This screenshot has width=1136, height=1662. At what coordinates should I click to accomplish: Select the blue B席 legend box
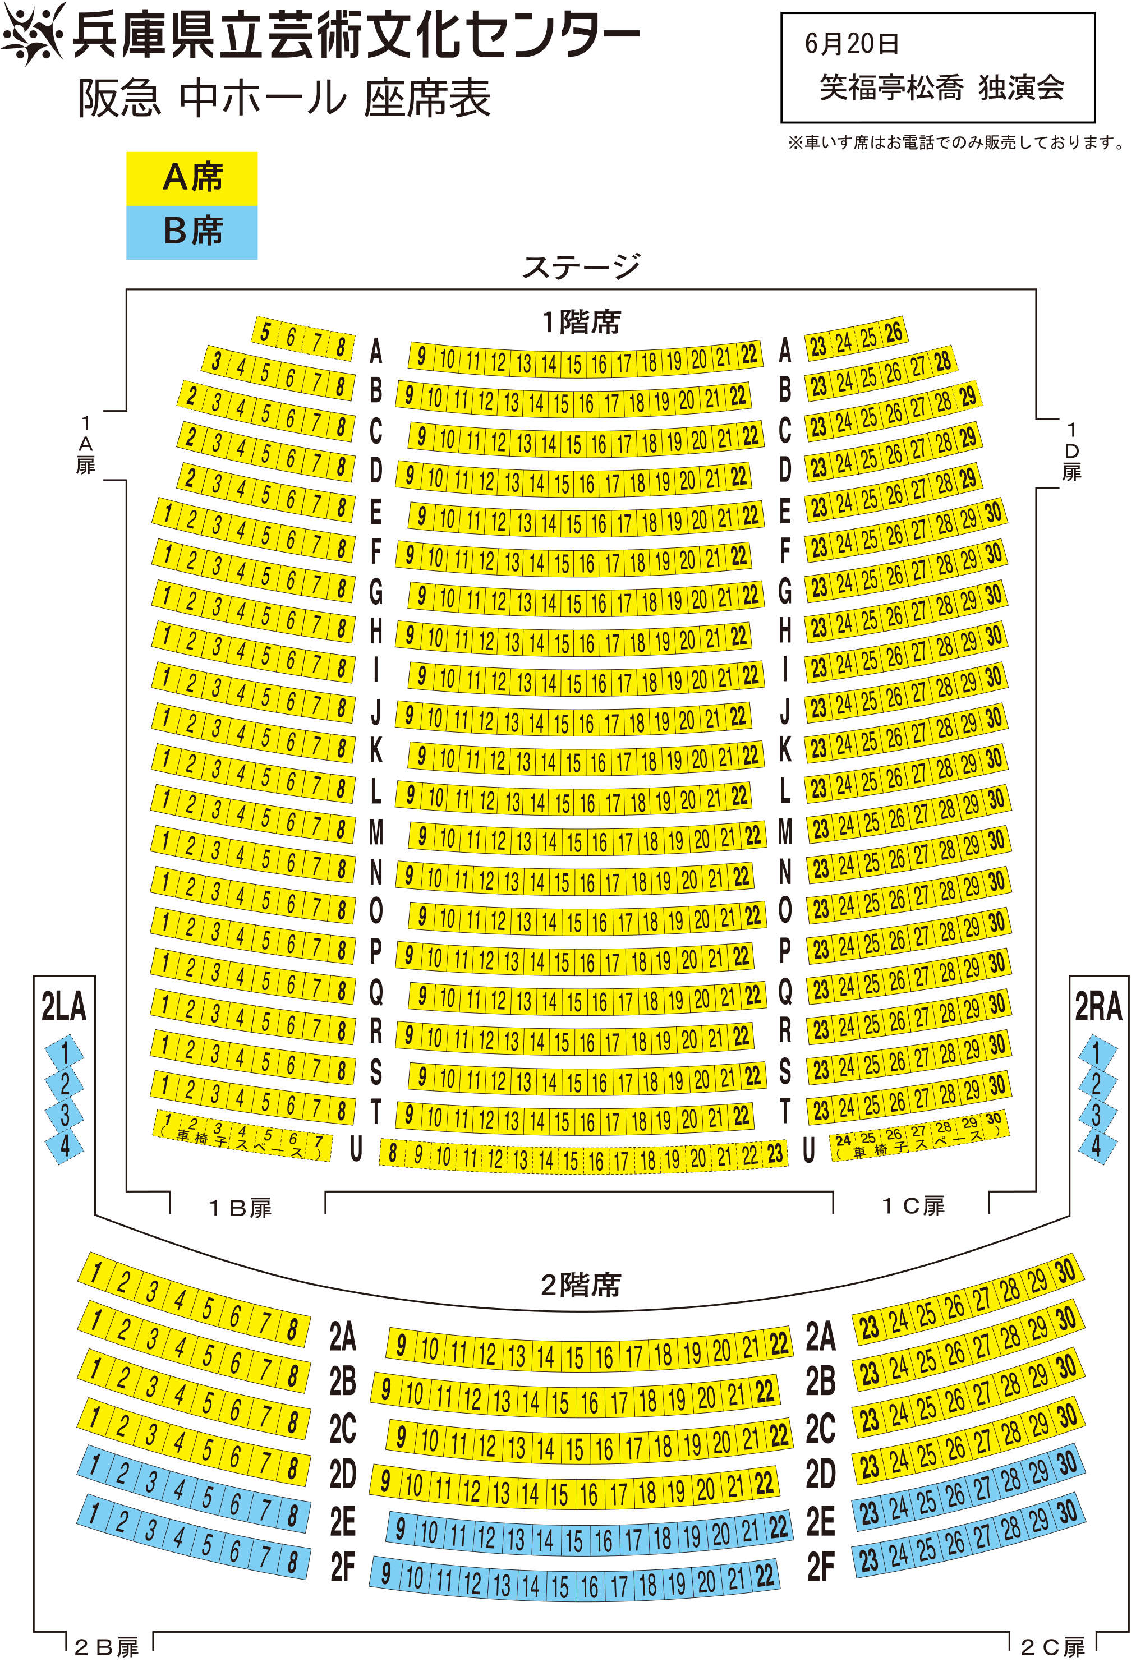(192, 232)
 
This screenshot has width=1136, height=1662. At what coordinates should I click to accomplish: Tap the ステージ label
(581, 267)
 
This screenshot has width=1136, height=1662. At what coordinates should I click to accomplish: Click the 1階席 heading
(581, 322)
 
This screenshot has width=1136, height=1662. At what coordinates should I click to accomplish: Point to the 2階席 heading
(581, 1285)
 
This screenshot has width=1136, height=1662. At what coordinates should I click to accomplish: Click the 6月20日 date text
(851, 44)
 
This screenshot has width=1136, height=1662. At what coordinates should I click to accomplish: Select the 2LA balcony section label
(63, 1007)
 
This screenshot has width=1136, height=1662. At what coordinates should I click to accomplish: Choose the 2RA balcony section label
(1098, 1007)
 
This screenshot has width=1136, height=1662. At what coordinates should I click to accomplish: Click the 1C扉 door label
(913, 1207)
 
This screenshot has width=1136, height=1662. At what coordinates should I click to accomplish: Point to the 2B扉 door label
(107, 1648)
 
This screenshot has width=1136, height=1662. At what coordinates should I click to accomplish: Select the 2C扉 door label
(1053, 1648)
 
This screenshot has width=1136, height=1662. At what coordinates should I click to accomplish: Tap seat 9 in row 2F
(385, 1573)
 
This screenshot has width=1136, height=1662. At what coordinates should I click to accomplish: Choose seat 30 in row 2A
(1066, 1271)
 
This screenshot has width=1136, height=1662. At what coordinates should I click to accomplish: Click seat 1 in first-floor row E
(167, 513)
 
